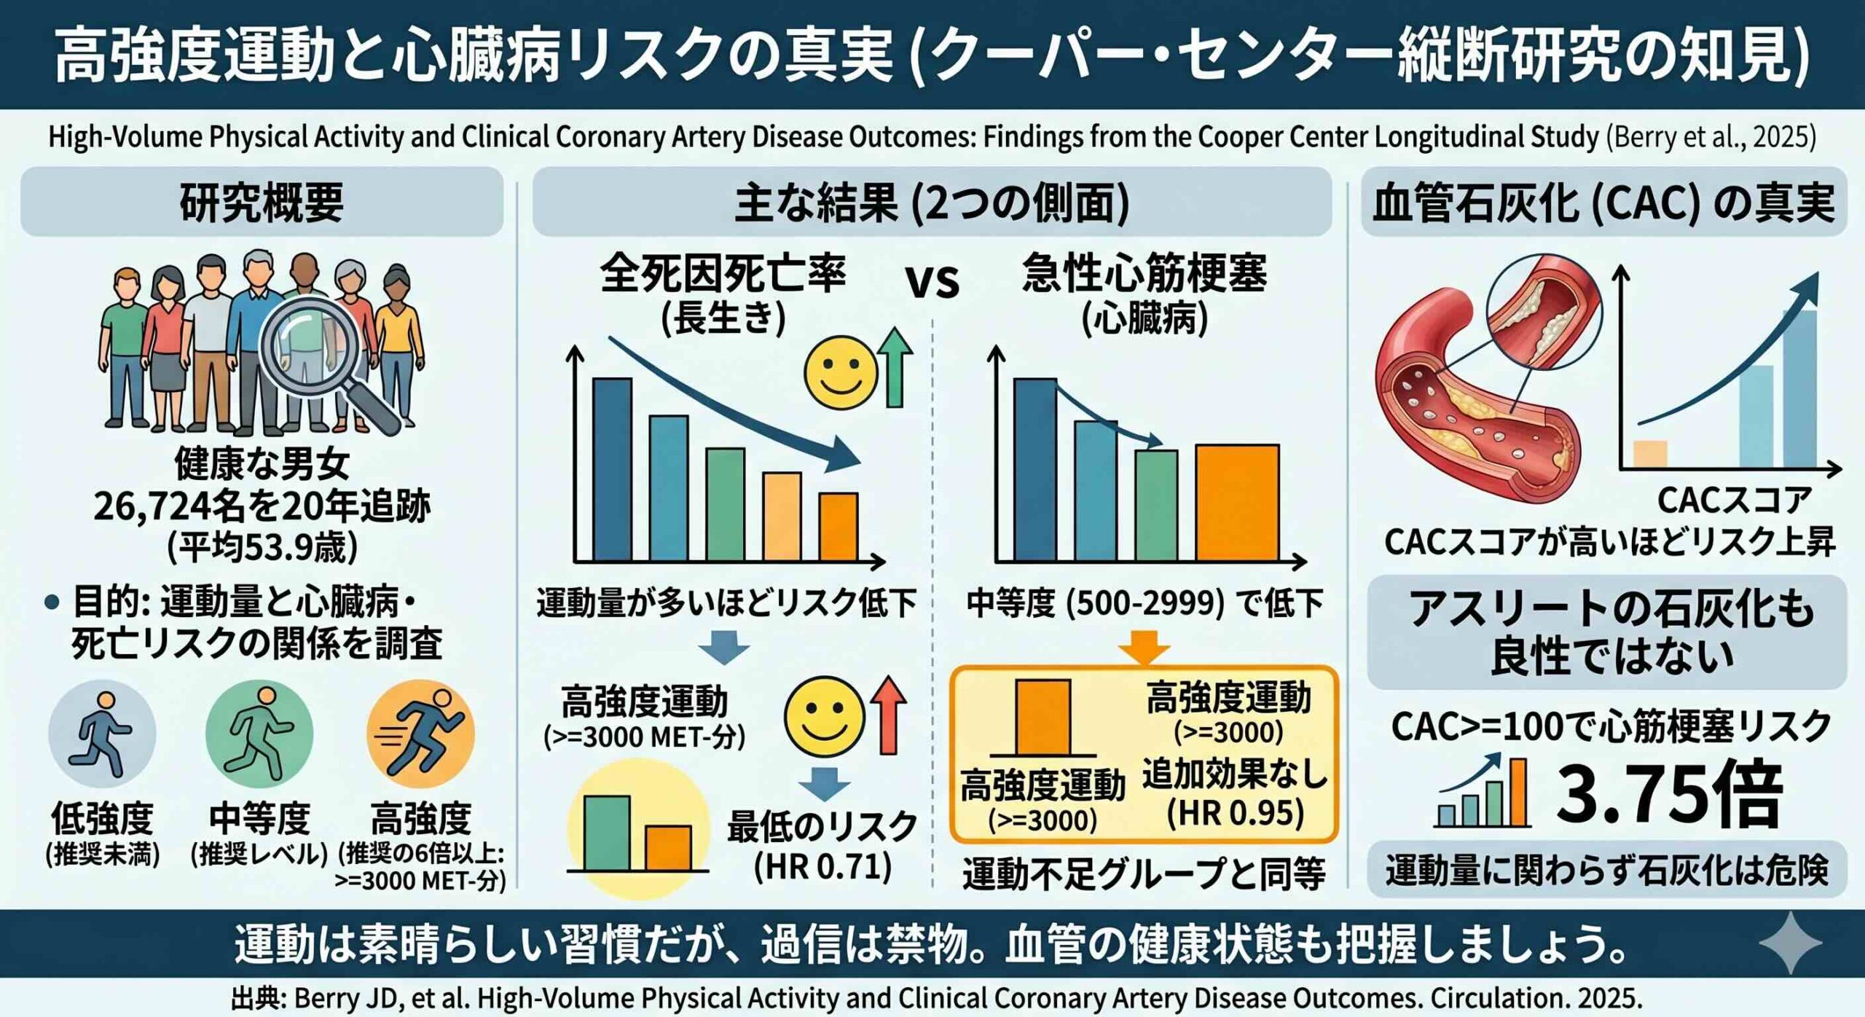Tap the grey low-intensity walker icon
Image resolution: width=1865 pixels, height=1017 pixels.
[102, 733]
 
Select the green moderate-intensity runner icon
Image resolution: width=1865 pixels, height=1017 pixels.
[259, 733]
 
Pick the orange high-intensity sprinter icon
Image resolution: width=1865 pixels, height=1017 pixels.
[420, 733]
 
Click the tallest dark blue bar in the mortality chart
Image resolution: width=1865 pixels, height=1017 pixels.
[612, 470]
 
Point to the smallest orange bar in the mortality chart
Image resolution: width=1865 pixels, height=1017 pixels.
[839, 527]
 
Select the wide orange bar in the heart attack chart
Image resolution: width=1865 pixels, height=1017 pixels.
[1237, 503]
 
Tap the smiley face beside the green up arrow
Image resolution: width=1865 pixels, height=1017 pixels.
[841, 372]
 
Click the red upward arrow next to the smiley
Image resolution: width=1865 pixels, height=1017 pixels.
[889, 714]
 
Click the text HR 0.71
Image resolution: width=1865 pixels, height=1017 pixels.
[822, 867]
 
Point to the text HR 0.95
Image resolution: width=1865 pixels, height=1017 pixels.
[1235, 813]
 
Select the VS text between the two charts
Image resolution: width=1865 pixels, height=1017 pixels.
[932, 281]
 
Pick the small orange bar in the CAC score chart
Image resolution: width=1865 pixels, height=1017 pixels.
[1650, 453]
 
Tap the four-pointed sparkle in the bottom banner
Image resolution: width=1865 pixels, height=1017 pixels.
[1790, 943]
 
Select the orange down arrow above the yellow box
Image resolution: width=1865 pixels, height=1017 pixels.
[1144, 647]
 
